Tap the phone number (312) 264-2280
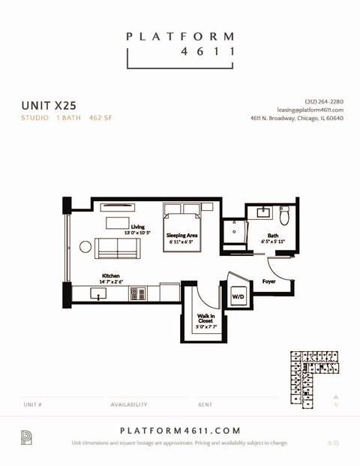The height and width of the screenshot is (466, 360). point(324,101)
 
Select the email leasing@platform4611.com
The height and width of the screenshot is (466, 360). point(310,110)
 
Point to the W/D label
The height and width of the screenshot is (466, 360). point(238,296)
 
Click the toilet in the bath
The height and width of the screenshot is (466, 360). point(284,217)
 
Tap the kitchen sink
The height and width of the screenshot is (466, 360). point(98,293)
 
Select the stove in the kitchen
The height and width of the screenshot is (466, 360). point(139,293)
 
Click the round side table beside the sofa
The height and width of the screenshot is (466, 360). point(85,246)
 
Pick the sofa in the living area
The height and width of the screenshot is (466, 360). point(117,248)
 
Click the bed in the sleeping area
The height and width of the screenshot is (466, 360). point(182,231)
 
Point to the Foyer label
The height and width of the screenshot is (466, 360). point(268,281)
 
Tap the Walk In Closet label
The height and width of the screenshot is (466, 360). point(205,320)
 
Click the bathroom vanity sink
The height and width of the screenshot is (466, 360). point(263,213)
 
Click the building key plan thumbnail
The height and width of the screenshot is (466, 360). point(314,377)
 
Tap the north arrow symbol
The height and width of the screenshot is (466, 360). point(336,398)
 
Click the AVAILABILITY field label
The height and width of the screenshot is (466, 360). point(129,404)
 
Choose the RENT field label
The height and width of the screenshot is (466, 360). point(205,404)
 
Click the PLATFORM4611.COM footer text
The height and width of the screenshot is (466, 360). point(180,430)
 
